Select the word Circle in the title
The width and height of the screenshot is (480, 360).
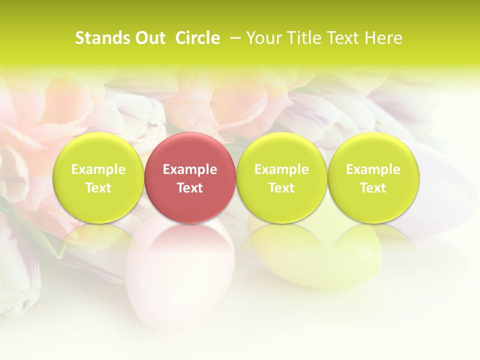coord(197,38)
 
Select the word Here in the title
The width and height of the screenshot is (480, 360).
coord(384,38)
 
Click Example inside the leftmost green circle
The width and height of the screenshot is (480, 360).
coord(98,169)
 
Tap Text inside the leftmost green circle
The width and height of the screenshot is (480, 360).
coord(98,188)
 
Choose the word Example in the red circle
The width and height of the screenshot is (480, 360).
coord(190,169)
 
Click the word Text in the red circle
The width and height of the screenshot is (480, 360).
coord(190,188)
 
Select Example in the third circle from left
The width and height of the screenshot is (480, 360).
coord(281,169)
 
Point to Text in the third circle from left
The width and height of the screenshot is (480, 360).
coord(281,188)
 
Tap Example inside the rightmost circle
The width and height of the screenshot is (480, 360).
coord(373,169)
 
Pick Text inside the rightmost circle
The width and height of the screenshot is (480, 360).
coord(373,188)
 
